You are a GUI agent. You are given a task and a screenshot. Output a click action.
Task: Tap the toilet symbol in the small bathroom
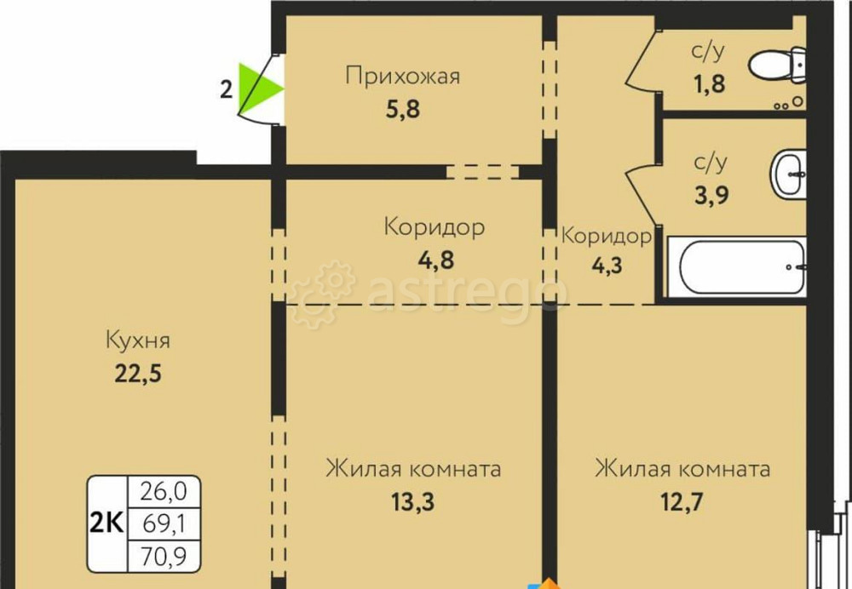[x=776, y=64]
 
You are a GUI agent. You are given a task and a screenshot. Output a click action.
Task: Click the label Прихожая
[x=402, y=77]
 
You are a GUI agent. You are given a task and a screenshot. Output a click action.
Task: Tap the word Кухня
[x=138, y=341]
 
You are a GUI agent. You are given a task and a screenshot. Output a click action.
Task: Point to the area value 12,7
[x=682, y=501]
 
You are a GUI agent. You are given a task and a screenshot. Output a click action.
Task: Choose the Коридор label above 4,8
[x=435, y=227]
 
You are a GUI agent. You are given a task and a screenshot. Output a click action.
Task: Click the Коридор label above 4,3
[x=607, y=236]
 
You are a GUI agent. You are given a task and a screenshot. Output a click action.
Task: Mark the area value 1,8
[x=708, y=83]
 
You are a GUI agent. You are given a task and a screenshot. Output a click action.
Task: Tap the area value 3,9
[x=709, y=195]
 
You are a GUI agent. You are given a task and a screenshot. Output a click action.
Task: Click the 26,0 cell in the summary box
[x=163, y=491]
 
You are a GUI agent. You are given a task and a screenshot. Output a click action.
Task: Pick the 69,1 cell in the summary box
[x=163, y=523]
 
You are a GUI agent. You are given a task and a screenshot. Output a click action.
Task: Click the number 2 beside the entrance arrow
[x=226, y=89]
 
